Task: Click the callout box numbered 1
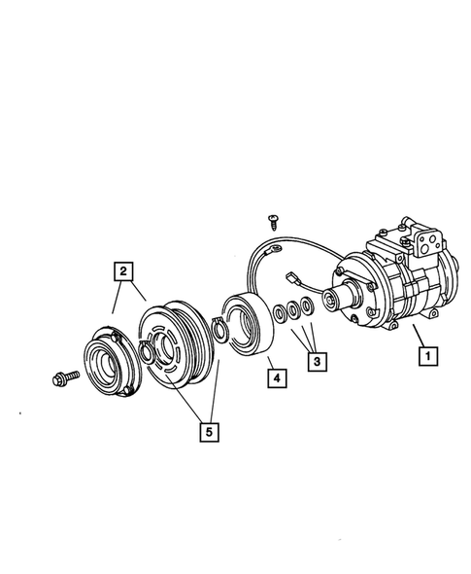point(425,357)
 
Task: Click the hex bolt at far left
point(57,377)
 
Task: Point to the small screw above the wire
point(274,224)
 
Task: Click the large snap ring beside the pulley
point(218,331)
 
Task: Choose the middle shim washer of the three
point(293,310)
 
